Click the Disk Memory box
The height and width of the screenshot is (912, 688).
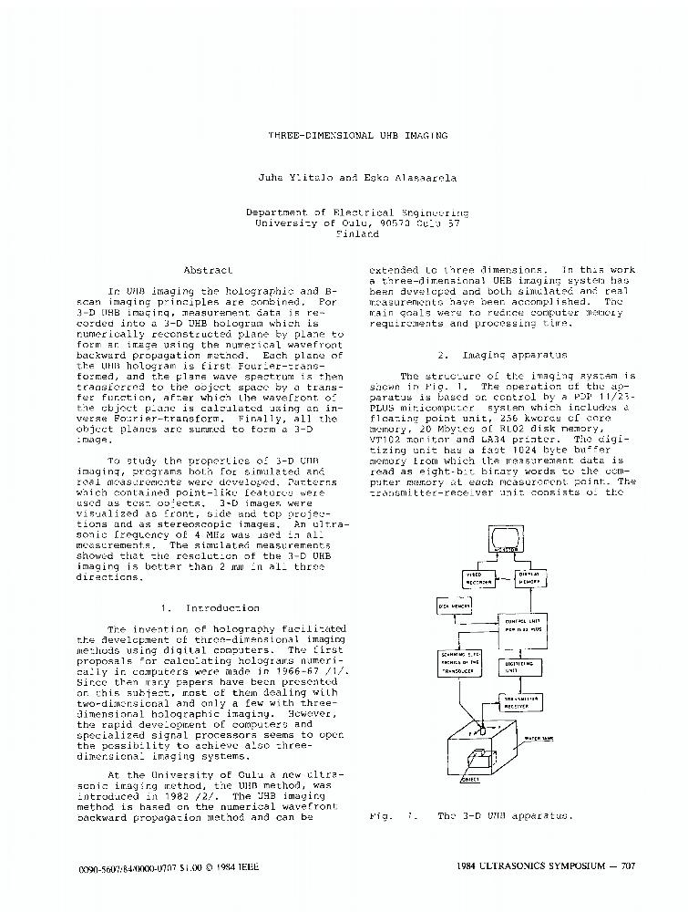(x=454, y=606)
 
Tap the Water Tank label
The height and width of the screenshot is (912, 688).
(x=553, y=738)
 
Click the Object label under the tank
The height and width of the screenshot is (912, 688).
(x=470, y=780)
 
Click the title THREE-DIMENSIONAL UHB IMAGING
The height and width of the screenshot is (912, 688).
(x=357, y=135)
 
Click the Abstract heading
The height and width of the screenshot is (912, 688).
(x=208, y=271)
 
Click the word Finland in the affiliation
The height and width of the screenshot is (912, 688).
(x=357, y=233)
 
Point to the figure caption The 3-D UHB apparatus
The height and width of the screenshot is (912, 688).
(x=505, y=816)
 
